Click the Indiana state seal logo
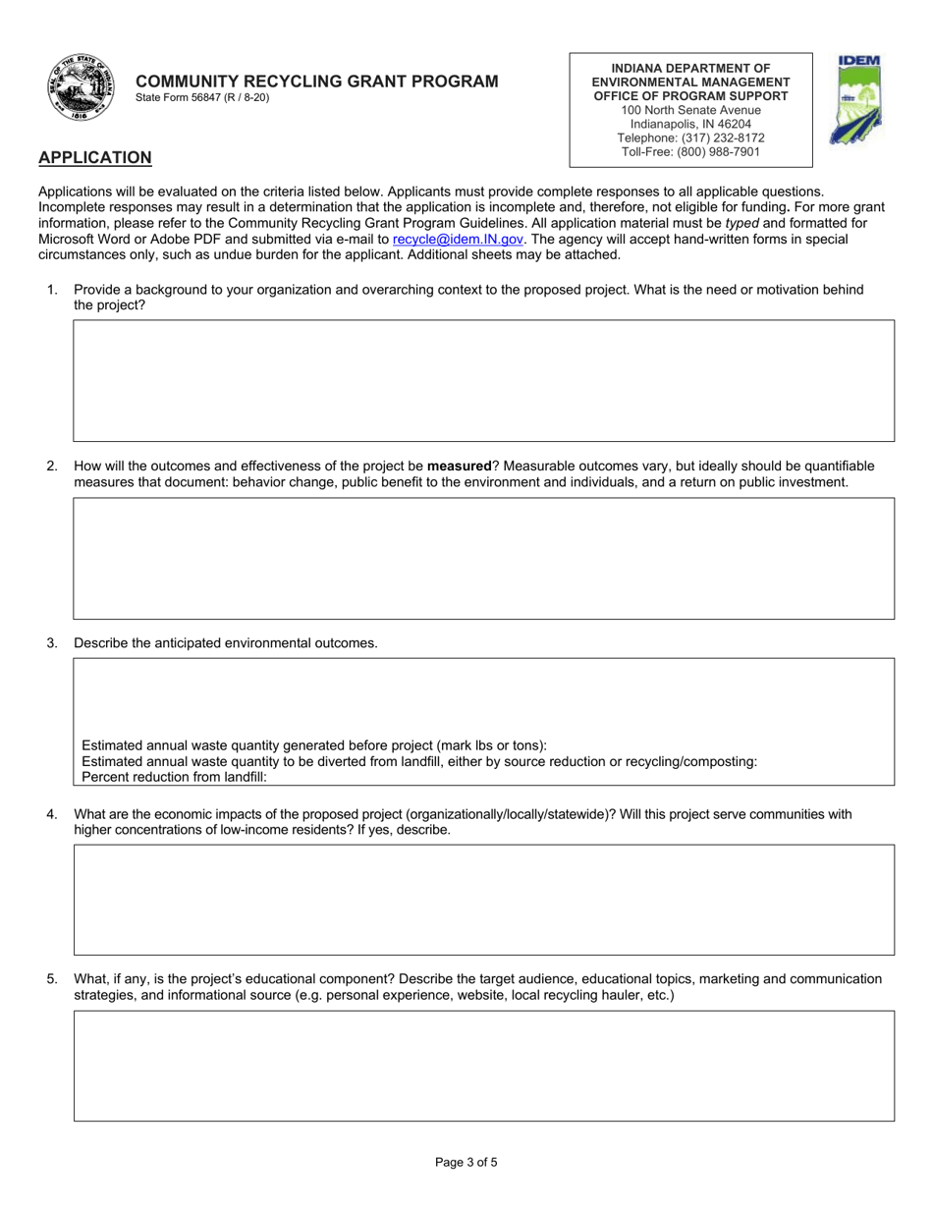[x=80, y=88]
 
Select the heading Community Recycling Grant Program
[x=316, y=82]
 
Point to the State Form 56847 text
[x=202, y=98]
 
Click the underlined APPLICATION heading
[x=94, y=158]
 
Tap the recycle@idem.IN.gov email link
[x=458, y=239]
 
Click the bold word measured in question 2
[x=459, y=467]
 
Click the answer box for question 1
[x=483, y=380]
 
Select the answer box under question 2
[x=483, y=558]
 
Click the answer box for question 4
[x=483, y=900]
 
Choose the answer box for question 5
[x=483, y=1066]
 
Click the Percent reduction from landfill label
[x=174, y=777]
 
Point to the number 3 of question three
[x=51, y=643]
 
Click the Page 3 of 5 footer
[x=466, y=1163]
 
